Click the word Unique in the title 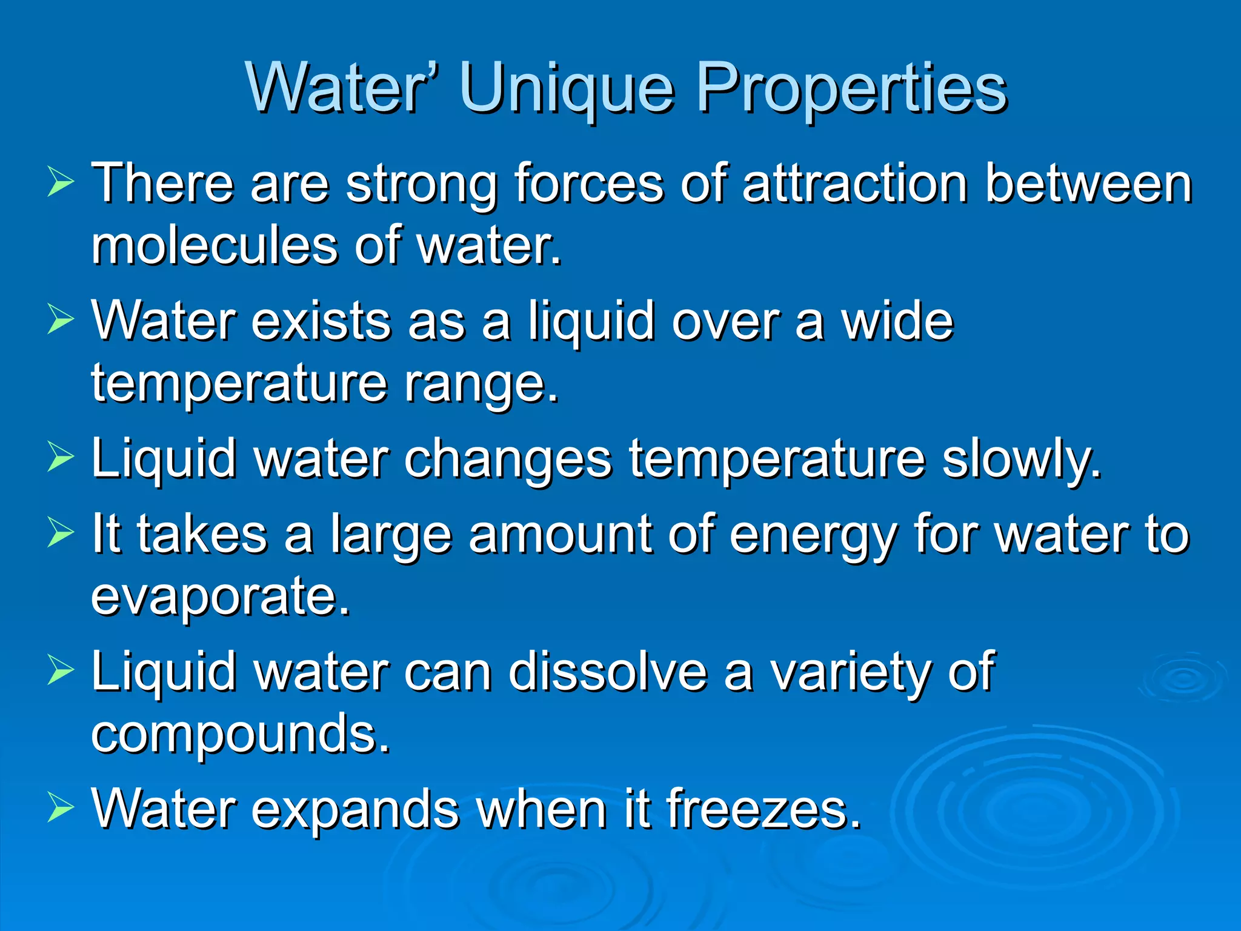tap(567, 88)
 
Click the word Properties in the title tap(851, 88)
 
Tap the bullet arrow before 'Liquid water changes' tap(60, 458)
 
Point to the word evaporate tap(221, 597)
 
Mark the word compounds tap(241, 735)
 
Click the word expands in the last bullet tap(355, 810)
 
